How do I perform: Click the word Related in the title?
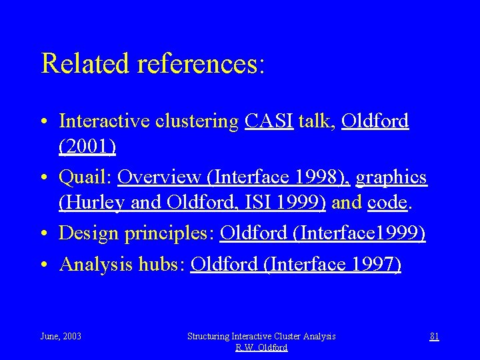point(85,63)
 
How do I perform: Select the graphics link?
point(391,177)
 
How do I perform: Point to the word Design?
point(86,234)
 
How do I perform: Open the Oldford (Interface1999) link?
point(323,234)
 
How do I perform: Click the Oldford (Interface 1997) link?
point(296,264)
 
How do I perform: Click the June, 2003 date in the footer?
point(61,337)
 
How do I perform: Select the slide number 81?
point(434,337)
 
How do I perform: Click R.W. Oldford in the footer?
point(261,347)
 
